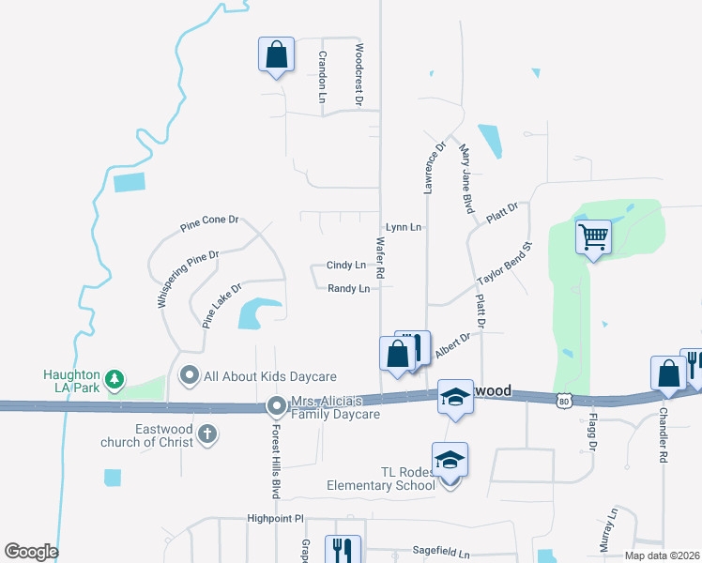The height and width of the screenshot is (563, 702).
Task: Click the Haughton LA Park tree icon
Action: click(114, 379)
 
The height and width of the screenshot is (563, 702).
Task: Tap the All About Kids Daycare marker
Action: click(190, 376)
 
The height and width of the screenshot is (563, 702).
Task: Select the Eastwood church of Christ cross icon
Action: click(207, 434)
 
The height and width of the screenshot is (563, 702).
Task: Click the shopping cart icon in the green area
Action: click(593, 237)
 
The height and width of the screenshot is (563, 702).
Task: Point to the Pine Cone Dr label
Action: click(210, 224)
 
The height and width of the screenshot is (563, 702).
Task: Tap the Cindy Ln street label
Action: click(345, 266)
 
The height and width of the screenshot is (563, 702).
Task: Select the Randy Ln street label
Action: click(348, 288)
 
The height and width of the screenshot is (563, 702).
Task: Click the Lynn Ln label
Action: click(404, 227)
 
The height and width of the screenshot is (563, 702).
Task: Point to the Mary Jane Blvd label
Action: click(465, 178)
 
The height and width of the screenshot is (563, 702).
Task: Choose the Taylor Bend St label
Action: click(504, 268)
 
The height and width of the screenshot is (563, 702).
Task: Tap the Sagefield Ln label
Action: click(440, 554)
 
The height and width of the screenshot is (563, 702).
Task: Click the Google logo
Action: click(31, 552)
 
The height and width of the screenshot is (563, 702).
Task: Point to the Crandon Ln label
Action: click(322, 76)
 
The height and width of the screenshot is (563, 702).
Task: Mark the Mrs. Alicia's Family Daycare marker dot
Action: click(277, 406)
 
